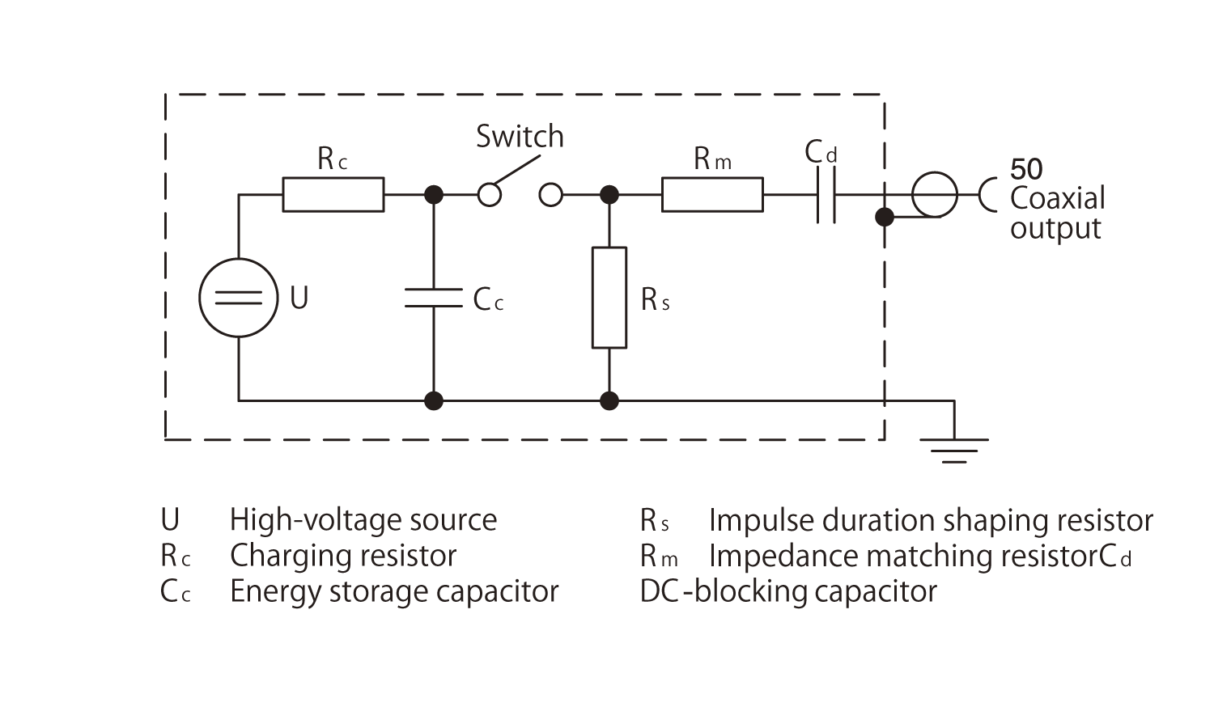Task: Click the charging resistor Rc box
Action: pyautogui.click(x=333, y=195)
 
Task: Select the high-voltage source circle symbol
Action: pyautogui.click(x=239, y=298)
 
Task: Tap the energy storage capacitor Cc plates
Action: pyautogui.click(x=434, y=298)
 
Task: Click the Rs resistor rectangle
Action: pyautogui.click(x=609, y=298)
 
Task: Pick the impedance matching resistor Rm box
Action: pyautogui.click(x=711, y=195)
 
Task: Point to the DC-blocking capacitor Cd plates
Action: pyautogui.click(x=826, y=195)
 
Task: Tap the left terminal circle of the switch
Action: pyautogui.click(x=489, y=195)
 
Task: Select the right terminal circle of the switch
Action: pyautogui.click(x=550, y=195)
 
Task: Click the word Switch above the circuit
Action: pyautogui.click(x=519, y=137)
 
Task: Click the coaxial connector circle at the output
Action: pyautogui.click(x=934, y=195)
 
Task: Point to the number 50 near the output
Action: pyautogui.click(x=1026, y=169)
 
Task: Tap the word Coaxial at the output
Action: pyautogui.click(x=1057, y=198)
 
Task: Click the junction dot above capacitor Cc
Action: pyautogui.click(x=434, y=195)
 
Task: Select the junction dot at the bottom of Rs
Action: pyautogui.click(x=609, y=400)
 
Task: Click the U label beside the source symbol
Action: pyautogui.click(x=299, y=298)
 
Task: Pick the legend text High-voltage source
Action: pyautogui.click(x=363, y=520)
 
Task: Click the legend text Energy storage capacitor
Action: pyautogui.click(x=394, y=591)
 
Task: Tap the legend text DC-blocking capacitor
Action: pyautogui.click(x=787, y=591)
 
